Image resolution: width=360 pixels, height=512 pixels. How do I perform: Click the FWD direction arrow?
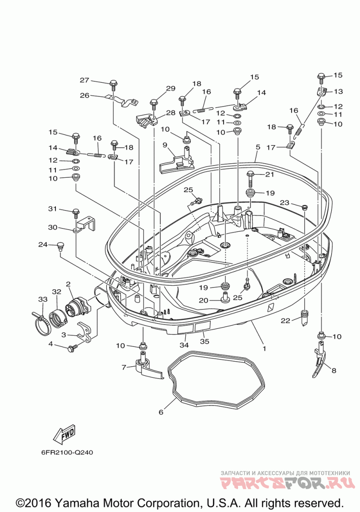[64, 433]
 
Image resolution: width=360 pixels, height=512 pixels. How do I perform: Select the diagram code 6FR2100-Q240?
[67, 452]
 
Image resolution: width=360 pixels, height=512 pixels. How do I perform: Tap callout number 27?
[85, 80]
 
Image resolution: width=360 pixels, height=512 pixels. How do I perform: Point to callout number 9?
[164, 144]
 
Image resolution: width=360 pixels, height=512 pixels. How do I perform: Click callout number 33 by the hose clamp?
[43, 299]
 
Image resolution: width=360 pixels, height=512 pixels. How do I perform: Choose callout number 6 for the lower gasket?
[161, 412]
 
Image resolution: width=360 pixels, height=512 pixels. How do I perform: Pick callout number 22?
[285, 321]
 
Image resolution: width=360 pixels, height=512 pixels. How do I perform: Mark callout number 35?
[204, 341]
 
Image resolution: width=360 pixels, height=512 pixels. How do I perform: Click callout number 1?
[264, 349]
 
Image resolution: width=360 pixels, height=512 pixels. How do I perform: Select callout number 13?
[338, 91]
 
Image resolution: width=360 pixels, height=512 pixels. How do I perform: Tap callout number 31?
[53, 209]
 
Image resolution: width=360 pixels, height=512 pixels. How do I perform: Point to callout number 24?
[43, 244]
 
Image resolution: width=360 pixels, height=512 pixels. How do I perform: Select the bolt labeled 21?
[251, 179]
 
